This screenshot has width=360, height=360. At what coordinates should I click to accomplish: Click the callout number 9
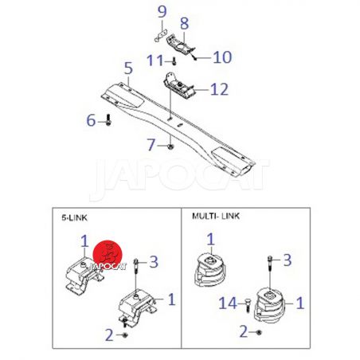[x=162, y=12]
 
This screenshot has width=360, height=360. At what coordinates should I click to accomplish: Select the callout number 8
[x=185, y=24]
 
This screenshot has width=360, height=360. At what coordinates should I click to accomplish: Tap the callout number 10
[x=222, y=57]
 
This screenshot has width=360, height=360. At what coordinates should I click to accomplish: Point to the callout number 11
[x=155, y=61]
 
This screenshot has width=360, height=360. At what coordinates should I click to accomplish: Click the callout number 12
[x=219, y=89]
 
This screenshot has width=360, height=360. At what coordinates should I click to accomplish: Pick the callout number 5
[x=128, y=68]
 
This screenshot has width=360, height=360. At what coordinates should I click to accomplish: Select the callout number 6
[x=91, y=120]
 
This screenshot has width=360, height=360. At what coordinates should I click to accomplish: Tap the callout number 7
[x=151, y=145]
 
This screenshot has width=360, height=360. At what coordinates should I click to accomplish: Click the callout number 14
[x=228, y=303]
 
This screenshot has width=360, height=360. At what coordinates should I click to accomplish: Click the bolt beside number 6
[x=108, y=119]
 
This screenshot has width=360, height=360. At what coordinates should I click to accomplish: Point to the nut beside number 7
[x=170, y=146]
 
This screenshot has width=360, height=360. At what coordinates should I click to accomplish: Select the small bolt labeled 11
[x=174, y=61]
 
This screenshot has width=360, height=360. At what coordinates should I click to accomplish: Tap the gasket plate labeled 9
[x=161, y=36]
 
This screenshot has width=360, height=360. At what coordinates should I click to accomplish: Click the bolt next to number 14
[x=248, y=305]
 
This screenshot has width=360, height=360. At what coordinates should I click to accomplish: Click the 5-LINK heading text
[x=74, y=218]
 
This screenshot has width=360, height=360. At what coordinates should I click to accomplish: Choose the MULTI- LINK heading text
[x=216, y=216]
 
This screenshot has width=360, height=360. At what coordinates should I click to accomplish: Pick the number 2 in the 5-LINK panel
[x=109, y=335]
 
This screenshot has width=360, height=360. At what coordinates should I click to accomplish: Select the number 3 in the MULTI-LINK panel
[x=288, y=260]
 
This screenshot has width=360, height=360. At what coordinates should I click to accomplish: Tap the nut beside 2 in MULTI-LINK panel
[x=259, y=332]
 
